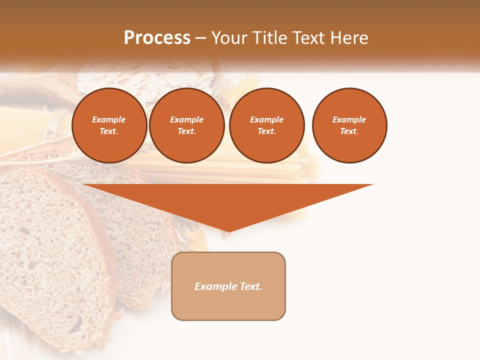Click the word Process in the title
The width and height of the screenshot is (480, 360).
pyautogui.click(x=157, y=38)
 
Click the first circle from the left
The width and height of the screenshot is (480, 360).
pyautogui.click(x=109, y=125)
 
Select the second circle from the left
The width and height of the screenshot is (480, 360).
pyautogui.click(x=187, y=125)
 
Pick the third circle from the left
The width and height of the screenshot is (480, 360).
pyautogui.click(x=266, y=125)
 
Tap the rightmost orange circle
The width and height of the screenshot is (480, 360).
pyautogui.click(x=349, y=125)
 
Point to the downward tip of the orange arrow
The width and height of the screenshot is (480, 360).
pyautogui.click(x=228, y=231)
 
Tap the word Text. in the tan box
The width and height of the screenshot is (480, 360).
pyautogui.click(x=250, y=286)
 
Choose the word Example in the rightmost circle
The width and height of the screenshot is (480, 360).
pyautogui.click(x=349, y=119)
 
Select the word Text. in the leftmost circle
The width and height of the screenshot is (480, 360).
pyautogui.click(x=109, y=131)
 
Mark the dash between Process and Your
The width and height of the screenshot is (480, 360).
pyautogui.click(x=200, y=38)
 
